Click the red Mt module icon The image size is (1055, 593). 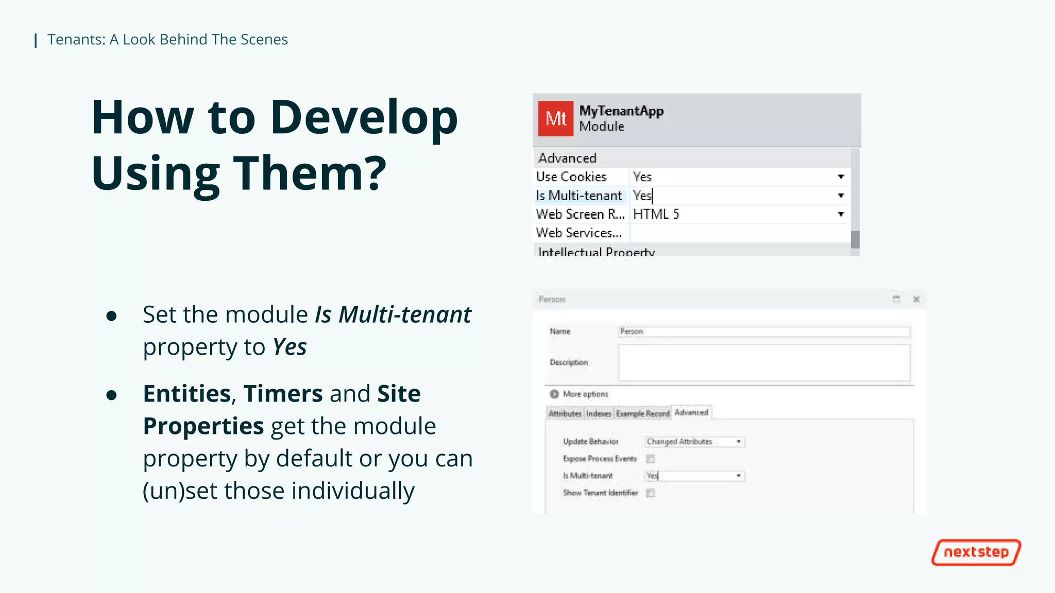555,119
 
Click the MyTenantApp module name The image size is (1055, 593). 621,111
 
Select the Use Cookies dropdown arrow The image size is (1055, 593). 841,177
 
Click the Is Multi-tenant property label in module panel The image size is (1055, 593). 579,196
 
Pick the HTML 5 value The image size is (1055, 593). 656,214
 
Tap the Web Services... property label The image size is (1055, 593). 579,233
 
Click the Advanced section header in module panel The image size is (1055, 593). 567,158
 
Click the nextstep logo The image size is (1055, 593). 976,552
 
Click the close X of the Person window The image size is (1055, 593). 916,299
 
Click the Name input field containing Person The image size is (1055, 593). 763,332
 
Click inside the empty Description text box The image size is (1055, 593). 763,362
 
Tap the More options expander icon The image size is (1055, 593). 554,394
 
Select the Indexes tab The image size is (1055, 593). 599,413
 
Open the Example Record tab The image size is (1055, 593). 642,413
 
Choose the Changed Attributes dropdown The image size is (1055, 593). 694,442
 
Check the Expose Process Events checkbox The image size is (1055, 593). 651,459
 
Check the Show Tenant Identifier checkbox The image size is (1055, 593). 651,493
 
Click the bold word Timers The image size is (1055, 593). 283,394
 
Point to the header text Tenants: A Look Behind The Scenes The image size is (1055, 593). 167,40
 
